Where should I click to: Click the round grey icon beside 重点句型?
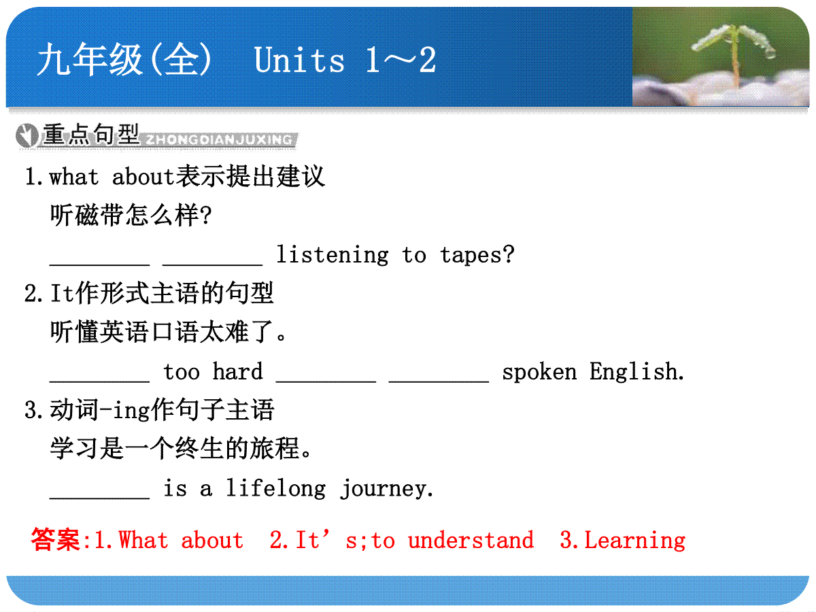[x=27, y=135]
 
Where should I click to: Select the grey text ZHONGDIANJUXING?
[x=219, y=139]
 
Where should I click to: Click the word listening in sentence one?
[x=333, y=255]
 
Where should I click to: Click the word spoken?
[x=539, y=373]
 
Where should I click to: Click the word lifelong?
[x=276, y=488]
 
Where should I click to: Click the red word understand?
[x=471, y=540]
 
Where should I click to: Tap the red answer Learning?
[x=635, y=541]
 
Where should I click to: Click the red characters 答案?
[x=55, y=539]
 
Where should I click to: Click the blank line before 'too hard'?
[x=100, y=381]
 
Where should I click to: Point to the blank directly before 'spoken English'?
[x=439, y=381]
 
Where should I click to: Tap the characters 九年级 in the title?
[x=90, y=59]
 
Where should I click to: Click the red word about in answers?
[x=212, y=540]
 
